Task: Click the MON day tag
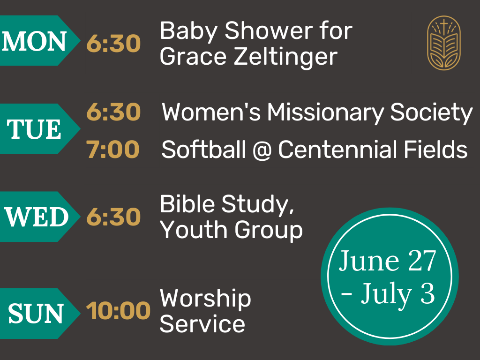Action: pos(38,40)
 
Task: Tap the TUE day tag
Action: pos(38,128)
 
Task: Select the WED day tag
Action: pos(38,217)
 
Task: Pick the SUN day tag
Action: pos(38,314)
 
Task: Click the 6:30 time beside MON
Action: pos(113,44)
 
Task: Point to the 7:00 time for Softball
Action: pos(113,150)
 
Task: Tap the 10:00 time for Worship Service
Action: pos(118,311)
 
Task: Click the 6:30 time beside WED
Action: pos(113,217)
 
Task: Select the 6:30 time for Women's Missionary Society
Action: pos(113,112)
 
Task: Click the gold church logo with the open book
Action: pos(444,43)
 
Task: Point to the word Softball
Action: pos(204,149)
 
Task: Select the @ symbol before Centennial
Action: pos(262,150)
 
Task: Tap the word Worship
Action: pos(205,299)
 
